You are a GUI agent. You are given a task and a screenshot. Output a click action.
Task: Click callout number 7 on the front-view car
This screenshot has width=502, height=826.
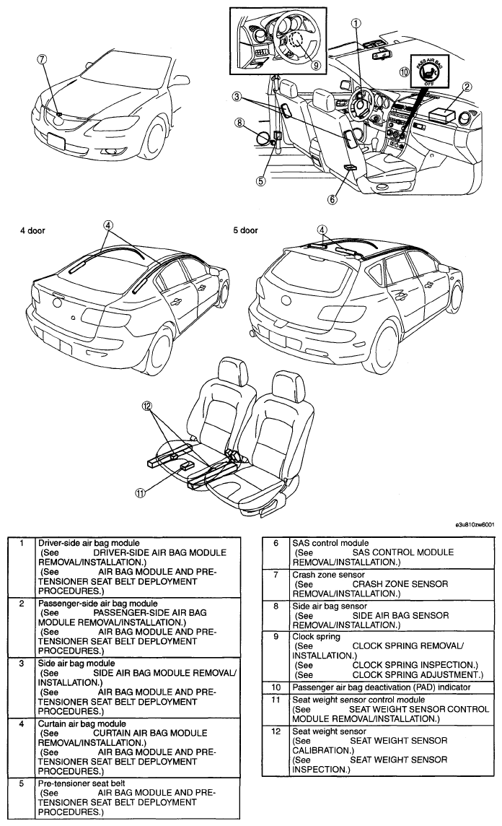(x=43, y=60)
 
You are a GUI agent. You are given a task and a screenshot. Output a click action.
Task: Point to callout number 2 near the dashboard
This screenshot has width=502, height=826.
(x=466, y=87)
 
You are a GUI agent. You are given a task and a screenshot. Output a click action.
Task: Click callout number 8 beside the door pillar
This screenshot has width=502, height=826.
(x=240, y=123)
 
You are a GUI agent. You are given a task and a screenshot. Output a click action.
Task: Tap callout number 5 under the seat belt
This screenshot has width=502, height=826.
(x=261, y=181)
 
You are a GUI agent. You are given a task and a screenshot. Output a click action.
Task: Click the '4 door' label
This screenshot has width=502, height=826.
(x=32, y=231)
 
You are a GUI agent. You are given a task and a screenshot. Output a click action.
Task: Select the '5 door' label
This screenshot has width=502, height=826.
(x=246, y=230)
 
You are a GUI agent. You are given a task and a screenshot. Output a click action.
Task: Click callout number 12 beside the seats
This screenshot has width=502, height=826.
(x=147, y=406)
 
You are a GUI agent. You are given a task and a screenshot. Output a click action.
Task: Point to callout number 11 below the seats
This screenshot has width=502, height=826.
(x=139, y=493)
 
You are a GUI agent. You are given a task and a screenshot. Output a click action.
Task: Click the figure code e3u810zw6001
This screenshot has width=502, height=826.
(x=475, y=525)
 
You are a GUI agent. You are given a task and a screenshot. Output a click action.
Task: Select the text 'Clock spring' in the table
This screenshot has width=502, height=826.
(x=316, y=636)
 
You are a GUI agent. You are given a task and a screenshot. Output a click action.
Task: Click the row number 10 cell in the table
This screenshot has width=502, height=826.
(x=276, y=687)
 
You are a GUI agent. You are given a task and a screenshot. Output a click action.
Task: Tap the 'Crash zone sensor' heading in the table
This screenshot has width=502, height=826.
(x=328, y=575)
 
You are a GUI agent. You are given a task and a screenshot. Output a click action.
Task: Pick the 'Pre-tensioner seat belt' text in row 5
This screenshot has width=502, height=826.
(x=82, y=783)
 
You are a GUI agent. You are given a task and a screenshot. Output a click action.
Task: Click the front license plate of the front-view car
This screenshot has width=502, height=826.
(x=56, y=142)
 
